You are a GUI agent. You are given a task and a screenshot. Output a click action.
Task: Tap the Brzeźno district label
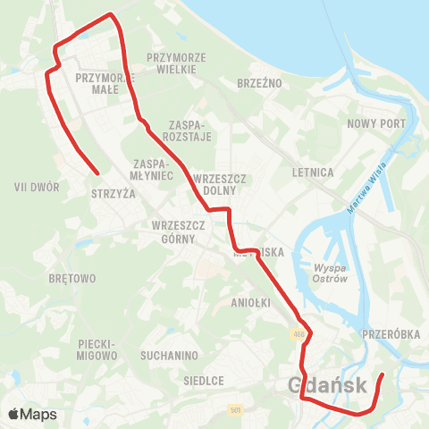260,81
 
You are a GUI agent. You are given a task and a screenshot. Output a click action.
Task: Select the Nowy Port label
377,123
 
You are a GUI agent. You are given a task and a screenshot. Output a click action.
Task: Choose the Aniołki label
250,302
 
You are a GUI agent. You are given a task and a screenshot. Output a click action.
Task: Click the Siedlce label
203,380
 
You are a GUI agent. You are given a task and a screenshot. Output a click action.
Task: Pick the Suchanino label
169,356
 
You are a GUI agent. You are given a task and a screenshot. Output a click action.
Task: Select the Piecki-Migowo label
98,349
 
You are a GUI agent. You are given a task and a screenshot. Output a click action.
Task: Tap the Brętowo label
73,278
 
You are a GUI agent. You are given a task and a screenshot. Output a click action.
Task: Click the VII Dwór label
38,188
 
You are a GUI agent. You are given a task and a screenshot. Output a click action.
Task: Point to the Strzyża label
113,192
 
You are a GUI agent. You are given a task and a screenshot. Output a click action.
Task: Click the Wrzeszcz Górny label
179,231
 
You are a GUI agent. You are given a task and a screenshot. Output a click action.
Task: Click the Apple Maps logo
32,414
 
